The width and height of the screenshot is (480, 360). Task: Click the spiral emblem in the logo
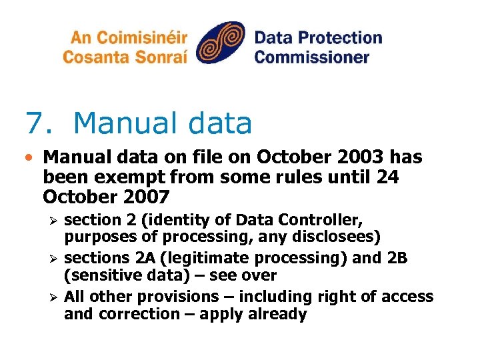point(221,45)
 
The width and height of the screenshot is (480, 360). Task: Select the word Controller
point(321,220)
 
